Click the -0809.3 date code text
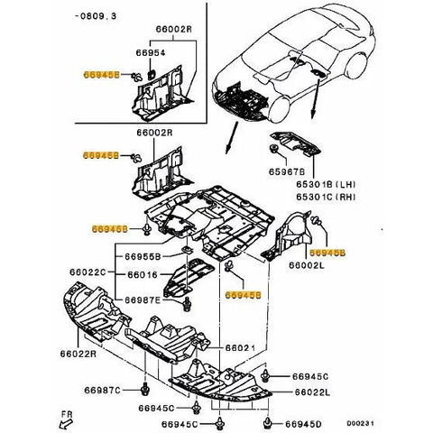click(97, 14)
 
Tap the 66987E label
click(142, 299)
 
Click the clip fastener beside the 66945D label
click(268, 422)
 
